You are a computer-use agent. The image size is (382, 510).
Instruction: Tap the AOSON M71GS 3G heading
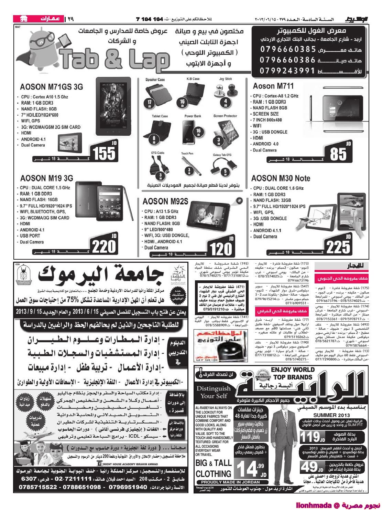coord(52,87)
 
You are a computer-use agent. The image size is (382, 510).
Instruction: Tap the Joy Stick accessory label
coord(226,79)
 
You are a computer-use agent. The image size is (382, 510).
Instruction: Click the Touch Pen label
coord(187,154)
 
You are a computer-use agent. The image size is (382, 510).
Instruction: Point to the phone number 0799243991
coord(288,71)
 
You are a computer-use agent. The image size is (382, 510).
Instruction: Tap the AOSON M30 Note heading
coord(281,178)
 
